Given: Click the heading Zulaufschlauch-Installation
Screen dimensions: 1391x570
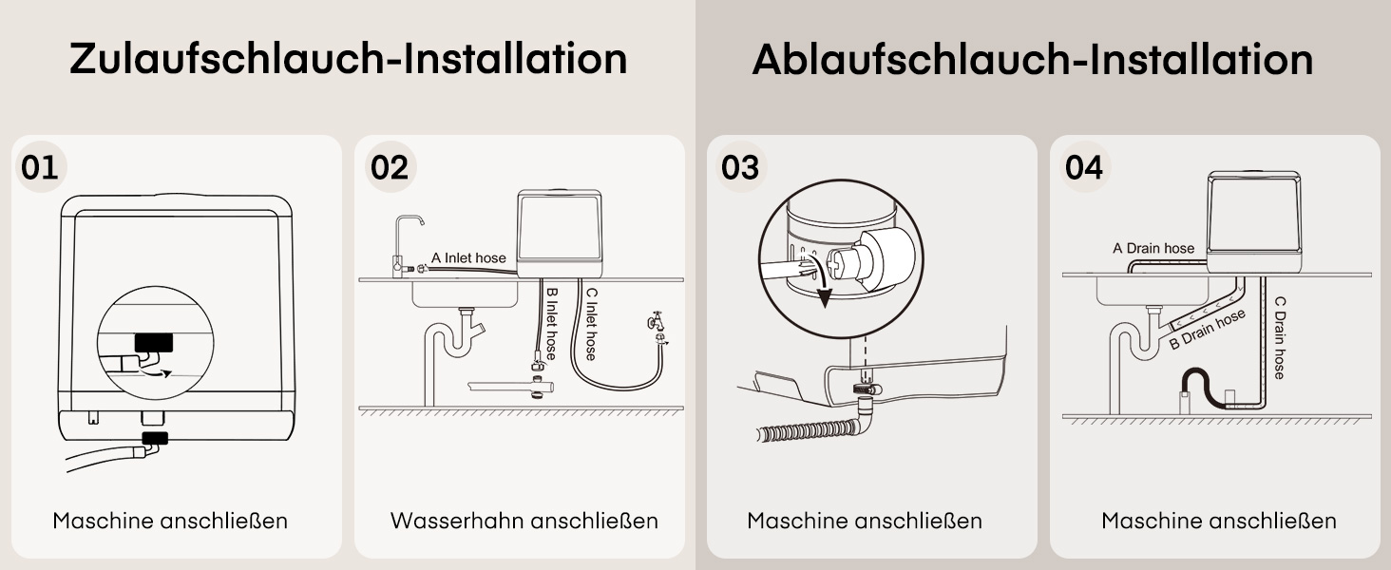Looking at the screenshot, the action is [x=349, y=59].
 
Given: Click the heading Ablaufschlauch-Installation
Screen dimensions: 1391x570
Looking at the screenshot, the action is [x=1033, y=59].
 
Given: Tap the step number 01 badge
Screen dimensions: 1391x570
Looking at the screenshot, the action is [x=40, y=167].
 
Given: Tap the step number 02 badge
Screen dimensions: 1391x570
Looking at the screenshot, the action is [x=390, y=167].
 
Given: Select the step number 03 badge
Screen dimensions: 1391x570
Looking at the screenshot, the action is [x=741, y=167].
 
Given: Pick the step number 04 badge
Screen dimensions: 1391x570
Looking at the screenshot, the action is [x=1084, y=167].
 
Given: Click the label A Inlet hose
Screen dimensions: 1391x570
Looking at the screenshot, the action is [x=468, y=257].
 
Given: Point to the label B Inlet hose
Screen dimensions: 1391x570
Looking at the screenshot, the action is [x=551, y=324].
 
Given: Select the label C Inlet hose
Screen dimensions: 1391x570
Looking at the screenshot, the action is [x=591, y=324].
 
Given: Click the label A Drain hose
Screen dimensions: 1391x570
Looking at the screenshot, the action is [x=1153, y=248].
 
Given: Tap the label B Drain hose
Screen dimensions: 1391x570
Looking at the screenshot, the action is [x=1208, y=329].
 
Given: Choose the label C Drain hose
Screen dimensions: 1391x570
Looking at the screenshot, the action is [x=1279, y=337].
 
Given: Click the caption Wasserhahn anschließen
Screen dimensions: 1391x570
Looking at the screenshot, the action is [x=524, y=521].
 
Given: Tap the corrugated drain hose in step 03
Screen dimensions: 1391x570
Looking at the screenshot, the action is [x=808, y=430].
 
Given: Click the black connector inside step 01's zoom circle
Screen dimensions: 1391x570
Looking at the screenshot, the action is [x=154, y=343].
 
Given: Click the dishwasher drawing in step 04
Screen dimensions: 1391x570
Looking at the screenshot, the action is [x=1254, y=222].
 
